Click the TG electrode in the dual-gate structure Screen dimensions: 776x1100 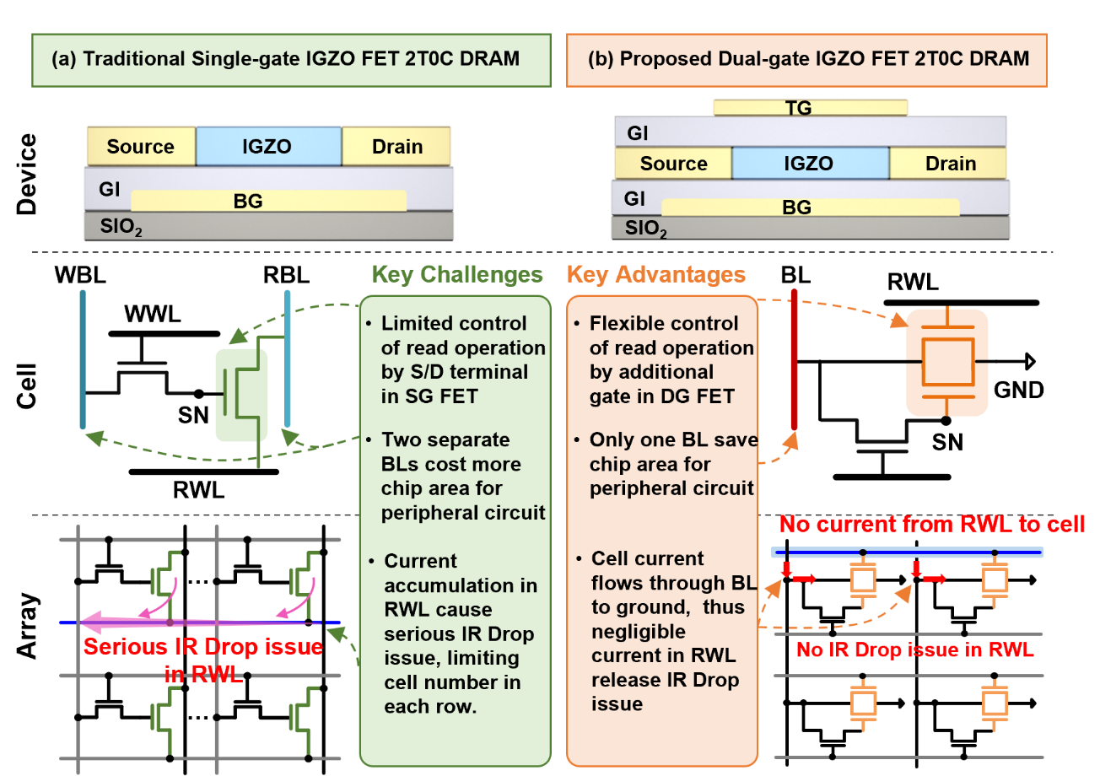tap(810, 107)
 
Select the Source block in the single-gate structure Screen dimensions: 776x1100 tap(141, 146)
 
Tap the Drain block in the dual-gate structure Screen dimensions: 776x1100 tap(950, 163)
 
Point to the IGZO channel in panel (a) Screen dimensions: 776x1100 tap(268, 146)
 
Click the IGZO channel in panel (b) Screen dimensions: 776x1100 tap(810, 163)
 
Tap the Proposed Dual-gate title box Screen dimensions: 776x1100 tap(806, 60)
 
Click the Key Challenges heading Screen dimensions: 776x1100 tap(457, 275)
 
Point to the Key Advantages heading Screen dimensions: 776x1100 tap(656, 275)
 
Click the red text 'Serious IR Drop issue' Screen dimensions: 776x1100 tap(203, 648)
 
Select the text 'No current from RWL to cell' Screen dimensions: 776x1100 tap(931, 525)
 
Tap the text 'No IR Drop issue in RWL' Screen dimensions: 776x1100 tap(914, 650)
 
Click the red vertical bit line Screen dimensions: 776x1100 tap(794, 359)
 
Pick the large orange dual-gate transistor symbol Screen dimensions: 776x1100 tap(946, 362)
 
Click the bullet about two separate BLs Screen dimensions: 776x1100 tap(456, 477)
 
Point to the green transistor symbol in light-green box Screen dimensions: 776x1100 tap(242, 394)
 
